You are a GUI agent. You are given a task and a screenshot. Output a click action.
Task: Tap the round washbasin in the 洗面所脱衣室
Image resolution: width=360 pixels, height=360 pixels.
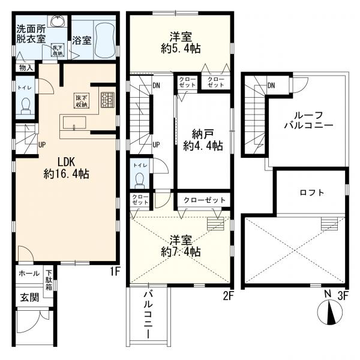tap(58, 21)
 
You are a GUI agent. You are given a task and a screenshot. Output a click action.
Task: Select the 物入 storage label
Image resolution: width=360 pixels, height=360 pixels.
tap(26, 68)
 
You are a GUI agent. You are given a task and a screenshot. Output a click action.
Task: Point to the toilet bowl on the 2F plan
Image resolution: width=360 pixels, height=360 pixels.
tap(140, 179)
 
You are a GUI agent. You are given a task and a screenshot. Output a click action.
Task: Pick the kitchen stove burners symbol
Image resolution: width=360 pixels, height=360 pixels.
tap(107, 99)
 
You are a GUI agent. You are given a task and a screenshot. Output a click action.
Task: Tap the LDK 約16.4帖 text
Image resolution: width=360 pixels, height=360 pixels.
tap(66, 168)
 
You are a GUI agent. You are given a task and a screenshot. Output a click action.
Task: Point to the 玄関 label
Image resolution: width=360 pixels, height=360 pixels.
tap(29, 296)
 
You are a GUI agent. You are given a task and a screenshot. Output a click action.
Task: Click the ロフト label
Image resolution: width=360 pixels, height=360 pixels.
tap(311, 193)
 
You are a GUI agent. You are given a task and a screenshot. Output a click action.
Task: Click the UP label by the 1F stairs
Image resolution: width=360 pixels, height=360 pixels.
tap(42, 145)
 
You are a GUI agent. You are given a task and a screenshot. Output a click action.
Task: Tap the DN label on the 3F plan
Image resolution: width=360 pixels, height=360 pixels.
tap(271, 85)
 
